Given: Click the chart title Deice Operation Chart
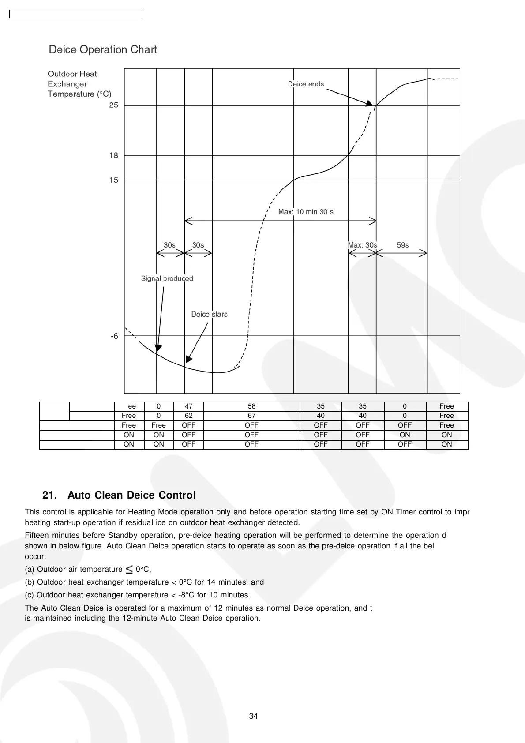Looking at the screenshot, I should click(103, 49).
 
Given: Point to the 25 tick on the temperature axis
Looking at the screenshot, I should click(114, 105).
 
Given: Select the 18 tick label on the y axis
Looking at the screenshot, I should click(114, 155).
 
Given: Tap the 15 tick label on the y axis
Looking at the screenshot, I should click(114, 180).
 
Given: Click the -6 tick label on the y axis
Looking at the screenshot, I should click(114, 336).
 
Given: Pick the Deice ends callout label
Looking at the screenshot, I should click(306, 84).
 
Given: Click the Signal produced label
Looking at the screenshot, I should click(167, 278).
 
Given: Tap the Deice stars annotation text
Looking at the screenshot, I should click(209, 314).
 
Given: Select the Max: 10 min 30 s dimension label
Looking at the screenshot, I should click(306, 212).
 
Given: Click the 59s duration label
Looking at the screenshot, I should click(402, 245).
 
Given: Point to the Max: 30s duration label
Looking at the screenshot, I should click(362, 245).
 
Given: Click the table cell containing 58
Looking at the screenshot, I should click(251, 406).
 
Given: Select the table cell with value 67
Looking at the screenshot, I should click(251, 416).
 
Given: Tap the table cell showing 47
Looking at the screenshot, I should click(188, 406).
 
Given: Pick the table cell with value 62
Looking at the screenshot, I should click(188, 416).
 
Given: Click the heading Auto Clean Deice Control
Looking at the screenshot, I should click(131, 495).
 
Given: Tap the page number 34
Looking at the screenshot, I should click(253, 716).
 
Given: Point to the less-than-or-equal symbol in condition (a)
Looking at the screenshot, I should click(129, 569).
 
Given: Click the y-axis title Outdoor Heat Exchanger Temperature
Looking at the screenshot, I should click(79, 84).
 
